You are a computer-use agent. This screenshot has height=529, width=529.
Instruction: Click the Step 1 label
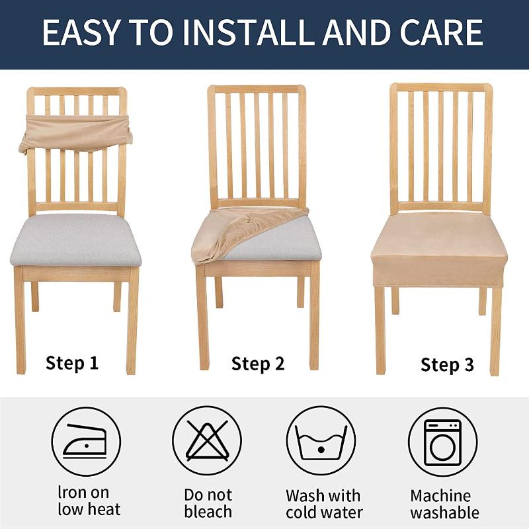pos(72,362)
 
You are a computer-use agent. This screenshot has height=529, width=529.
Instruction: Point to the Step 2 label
pos(258,363)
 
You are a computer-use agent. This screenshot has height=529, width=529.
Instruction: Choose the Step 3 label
pos(447,364)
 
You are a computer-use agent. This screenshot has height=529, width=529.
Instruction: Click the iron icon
pos(85,442)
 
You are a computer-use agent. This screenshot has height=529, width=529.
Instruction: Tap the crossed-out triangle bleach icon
pos(206,442)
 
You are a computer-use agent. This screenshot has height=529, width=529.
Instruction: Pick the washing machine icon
pos(442,442)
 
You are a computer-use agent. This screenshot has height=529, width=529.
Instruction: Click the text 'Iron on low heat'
pos(89,501)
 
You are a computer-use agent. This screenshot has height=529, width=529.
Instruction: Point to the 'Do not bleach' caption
pos(208,503)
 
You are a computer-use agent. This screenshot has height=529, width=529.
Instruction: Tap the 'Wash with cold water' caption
pos(324,503)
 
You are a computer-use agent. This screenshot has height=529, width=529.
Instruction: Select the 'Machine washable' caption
pos(444,503)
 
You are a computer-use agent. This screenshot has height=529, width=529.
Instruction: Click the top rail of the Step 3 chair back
pos(440,87)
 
